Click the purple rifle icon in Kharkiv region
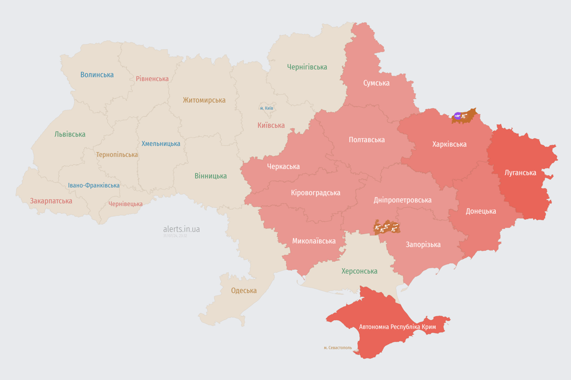coord(457,116)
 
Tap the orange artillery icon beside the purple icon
coord(465,117)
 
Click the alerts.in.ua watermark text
coord(181,229)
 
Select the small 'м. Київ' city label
coord(266,108)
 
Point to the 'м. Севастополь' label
coord(338,347)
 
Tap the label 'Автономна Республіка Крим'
coord(398,327)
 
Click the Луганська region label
coord(520,173)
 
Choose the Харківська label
coord(449,144)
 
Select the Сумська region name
coord(376,83)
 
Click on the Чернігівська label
coord(307,67)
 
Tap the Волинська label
coord(97,75)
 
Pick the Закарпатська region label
coord(51,201)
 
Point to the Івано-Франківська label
coord(94,186)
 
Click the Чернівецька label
coord(125,204)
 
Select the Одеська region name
coord(244,290)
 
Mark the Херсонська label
coord(359,271)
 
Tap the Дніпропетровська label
coord(402,200)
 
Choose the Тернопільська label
coord(117,155)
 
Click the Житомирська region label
coord(204,100)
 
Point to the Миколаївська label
coord(314,241)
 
